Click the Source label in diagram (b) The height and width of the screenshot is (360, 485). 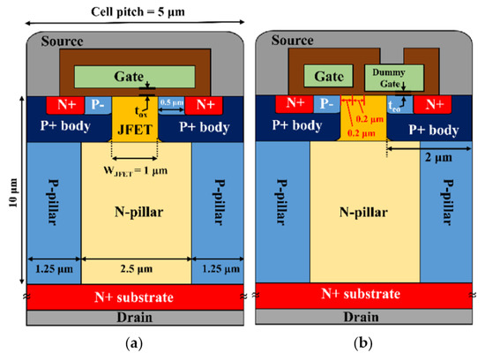click(x=279, y=41)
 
